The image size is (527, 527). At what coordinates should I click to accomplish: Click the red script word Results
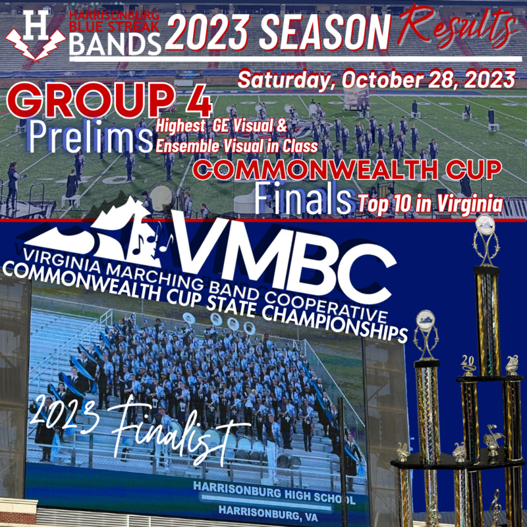465,28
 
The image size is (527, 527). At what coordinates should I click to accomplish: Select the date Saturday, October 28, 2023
375,80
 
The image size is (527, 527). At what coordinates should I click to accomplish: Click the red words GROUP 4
109,102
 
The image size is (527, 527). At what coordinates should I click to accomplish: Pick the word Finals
303,198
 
